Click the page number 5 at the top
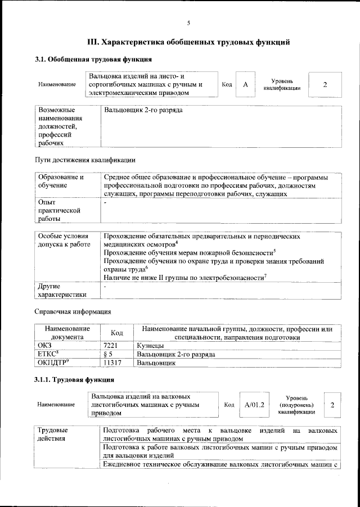[188, 22]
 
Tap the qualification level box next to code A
[325, 84]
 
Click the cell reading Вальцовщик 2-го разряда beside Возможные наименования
[143, 111]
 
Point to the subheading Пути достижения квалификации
[85, 160]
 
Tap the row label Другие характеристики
[62, 291]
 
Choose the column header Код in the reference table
[116, 333]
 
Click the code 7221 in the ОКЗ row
[112, 346]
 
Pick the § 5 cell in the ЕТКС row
[110, 355]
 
